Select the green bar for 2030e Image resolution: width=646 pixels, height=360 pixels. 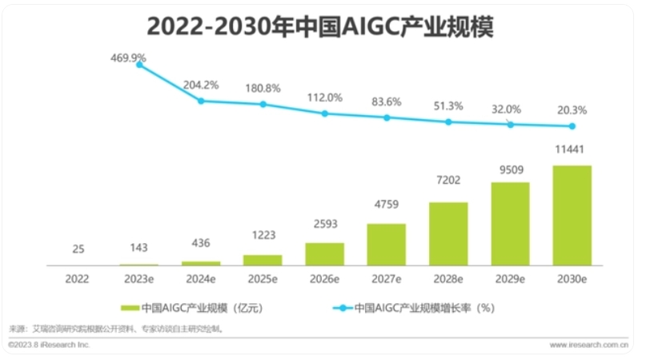tap(572, 215)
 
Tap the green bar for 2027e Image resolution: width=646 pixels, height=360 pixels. tap(387, 244)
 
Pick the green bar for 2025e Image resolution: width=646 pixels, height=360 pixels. tap(263, 259)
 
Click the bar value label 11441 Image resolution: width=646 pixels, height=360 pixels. tap(572, 150)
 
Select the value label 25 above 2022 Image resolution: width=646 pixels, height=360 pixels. tap(78, 249)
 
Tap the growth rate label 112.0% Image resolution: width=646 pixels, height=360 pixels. tap(324, 98)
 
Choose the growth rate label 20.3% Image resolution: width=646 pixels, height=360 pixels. tap(572, 110)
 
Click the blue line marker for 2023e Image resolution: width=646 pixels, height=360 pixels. tap(139, 65)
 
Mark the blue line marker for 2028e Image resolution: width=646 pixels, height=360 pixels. tap(448, 122)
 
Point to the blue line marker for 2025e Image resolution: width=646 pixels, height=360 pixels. tap(263, 104)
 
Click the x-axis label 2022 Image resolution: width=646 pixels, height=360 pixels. tap(78, 279)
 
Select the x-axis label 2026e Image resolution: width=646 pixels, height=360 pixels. tap(324, 279)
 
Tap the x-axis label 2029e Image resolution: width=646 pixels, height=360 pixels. tap(510, 279)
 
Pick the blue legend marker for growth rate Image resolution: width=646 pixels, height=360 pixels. tap(342, 307)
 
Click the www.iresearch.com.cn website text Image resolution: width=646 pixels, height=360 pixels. tap(588, 345)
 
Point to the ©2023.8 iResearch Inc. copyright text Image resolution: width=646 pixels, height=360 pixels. tap(50, 345)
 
